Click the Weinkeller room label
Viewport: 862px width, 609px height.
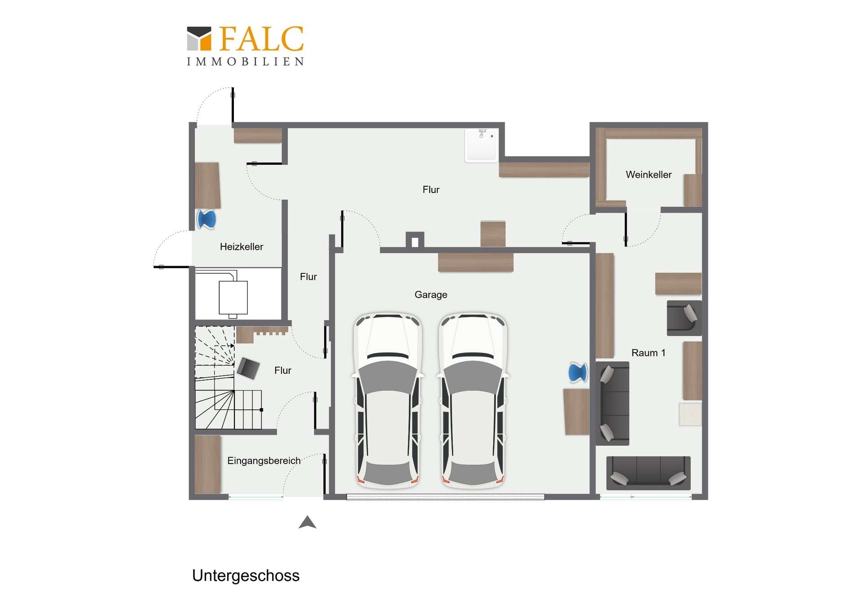pyautogui.click(x=648, y=175)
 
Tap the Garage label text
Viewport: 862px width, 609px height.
pyautogui.click(x=431, y=295)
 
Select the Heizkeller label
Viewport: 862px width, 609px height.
pyautogui.click(x=242, y=246)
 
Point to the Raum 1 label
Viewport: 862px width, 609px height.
pyautogui.click(x=648, y=353)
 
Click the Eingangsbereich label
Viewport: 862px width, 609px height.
pyautogui.click(x=264, y=461)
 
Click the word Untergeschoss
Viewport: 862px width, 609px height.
pyautogui.click(x=246, y=576)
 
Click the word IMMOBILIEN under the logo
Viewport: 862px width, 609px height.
pyautogui.click(x=245, y=61)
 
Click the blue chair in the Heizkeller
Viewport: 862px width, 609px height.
pyautogui.click(x=207, y=219)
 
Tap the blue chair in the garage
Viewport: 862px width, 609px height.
pyautogui.click(x=578, y=372)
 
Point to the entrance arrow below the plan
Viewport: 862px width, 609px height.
pyautogui.click(x=308, y=523)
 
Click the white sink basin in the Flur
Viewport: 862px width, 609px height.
pyautogui.click(x=481, y=145)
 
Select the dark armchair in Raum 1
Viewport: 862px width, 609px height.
pyautogui.click(x=684, y=318)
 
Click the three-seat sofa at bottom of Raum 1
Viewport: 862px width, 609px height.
pyautogui.click(x=648, y=473)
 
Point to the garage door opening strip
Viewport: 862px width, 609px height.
pyautogui.click(x=445, y=497)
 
